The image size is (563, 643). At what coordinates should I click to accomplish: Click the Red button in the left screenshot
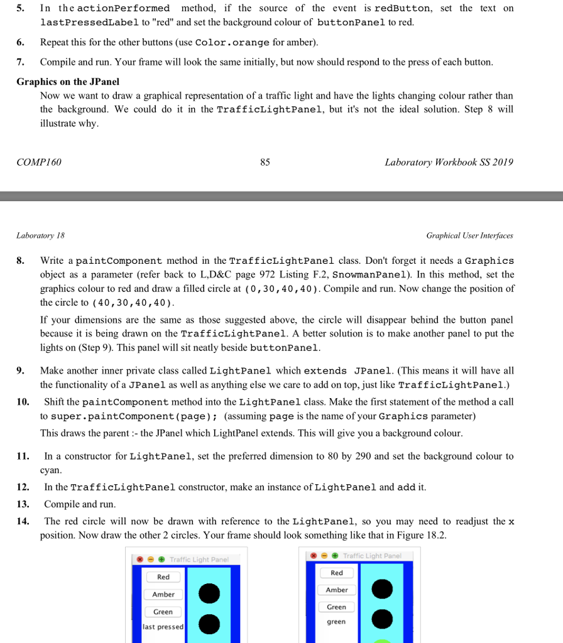[163, 577]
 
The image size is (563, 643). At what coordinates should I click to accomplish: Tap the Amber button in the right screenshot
[337, 590]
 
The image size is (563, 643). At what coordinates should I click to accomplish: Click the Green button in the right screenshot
[336, 607]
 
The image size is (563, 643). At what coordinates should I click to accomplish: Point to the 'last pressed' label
[163, 627]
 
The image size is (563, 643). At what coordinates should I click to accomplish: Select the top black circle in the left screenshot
[210, 593]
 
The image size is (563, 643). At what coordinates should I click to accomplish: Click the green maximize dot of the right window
[337, 556]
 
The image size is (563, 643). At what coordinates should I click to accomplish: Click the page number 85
[265, 163]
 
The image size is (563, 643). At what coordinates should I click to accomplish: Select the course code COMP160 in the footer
[39, 163]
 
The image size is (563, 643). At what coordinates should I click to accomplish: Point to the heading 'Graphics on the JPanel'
[68, 82]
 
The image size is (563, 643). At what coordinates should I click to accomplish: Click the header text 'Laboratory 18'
[40, 235]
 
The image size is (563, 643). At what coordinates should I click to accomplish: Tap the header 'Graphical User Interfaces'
[469, 235]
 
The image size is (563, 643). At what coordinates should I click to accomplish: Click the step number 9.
[21, 370]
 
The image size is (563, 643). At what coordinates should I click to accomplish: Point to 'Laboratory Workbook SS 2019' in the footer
[449, 163]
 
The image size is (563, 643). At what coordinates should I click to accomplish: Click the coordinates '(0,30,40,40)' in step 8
[284, 289]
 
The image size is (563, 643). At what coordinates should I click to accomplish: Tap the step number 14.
[23, 522]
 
